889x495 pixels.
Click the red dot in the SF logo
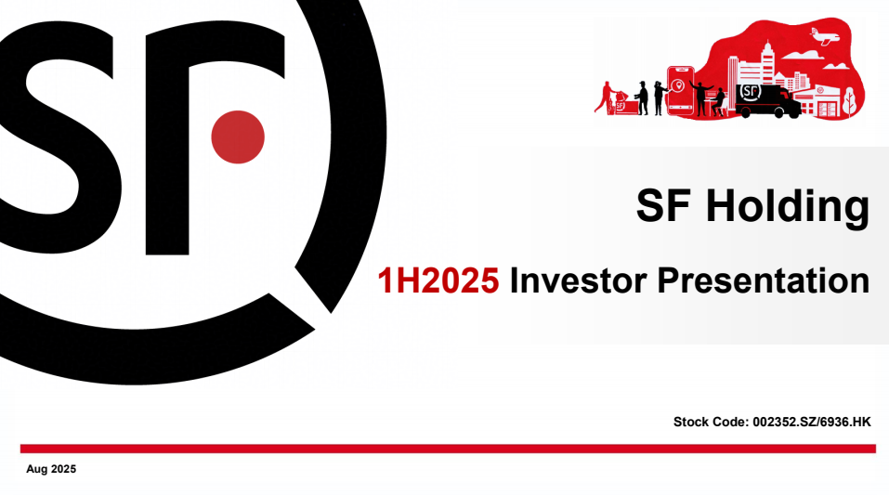pos(238,137)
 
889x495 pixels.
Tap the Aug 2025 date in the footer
pos(51,469)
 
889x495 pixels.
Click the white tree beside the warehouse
pos(848,101)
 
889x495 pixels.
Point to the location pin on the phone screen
pos(680,86)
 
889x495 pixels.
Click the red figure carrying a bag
pos(606,97)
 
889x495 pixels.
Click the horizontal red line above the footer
pos(447,449)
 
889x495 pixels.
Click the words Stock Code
pos(709,422)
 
